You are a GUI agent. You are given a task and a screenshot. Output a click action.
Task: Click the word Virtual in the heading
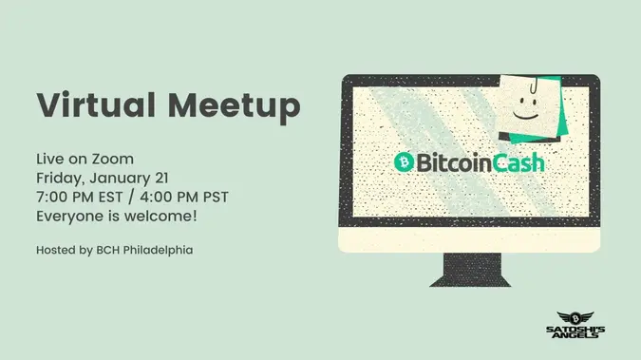pyautogui.click(x=96, y=104)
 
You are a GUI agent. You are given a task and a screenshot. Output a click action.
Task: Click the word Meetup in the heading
pyautogui.click(x=235, y=107)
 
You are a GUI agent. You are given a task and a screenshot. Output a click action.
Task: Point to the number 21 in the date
pyautogui.click(x=161, y=178)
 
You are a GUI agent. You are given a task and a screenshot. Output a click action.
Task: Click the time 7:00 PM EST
pyautogui.click(x=80, y=198)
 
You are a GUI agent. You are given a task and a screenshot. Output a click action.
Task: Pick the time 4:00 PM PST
pyautogui.click(x=184, y=198)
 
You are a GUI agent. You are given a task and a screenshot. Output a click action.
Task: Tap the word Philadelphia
pyautogui.click(x=158, y=250)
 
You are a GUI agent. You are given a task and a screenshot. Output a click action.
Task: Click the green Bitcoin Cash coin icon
pyautogui.click(x=404, y=162)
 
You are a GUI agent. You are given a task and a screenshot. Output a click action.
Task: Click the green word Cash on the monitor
pyautogui.click(x=518, y=162)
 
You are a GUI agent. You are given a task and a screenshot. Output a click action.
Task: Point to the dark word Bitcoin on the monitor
pyautogui.click(x=454, y=162)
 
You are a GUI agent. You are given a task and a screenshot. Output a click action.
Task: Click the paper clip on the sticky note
pyautogui.click(x=534, y=85)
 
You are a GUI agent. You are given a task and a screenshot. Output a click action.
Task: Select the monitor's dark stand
pyautogui.click(x=470, y=270)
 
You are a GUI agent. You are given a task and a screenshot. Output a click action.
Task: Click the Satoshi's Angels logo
pyautogui.click(x=575, y=325)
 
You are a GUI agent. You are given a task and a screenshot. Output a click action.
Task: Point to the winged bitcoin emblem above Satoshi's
pyautogui.click(x=575, y=318)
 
